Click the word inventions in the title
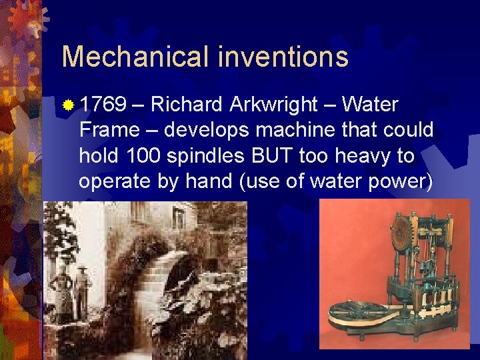click(x=283, y=57)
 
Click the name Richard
click(x=187, y=105)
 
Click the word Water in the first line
click(x=371, y=105)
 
